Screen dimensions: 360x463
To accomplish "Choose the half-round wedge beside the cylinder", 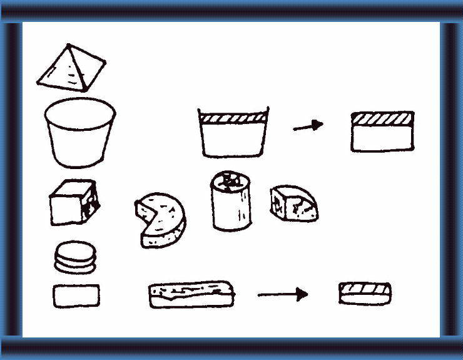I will [293, 203].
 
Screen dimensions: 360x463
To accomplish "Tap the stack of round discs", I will [76, 257].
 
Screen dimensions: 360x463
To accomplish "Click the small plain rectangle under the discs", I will [76, 296].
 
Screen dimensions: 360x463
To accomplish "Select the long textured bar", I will [192, 294].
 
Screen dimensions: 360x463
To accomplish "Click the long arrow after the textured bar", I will [283, 294].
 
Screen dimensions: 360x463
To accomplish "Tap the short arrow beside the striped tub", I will [308, 126].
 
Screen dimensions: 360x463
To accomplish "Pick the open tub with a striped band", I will [233, 132].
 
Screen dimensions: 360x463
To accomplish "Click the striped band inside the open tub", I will [233, 117].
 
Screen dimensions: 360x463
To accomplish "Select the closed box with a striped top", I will [382, 131].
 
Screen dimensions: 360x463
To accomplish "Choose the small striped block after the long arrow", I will [365, 293].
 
